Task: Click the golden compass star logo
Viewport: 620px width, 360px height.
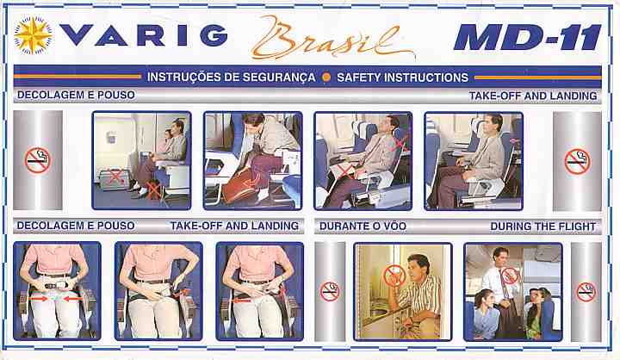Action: click(34, 35)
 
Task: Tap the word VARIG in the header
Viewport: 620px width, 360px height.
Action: click(144, 35)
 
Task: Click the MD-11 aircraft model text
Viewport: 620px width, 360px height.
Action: click(528, 38)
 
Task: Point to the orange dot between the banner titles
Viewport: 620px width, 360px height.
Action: click(326, 78)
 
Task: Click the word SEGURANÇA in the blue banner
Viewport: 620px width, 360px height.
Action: click(279, 78)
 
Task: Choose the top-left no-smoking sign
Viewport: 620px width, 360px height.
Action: click(38, 160)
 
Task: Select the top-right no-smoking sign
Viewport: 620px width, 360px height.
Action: click(577, 161)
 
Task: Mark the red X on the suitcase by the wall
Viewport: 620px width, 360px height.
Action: click(115, 176)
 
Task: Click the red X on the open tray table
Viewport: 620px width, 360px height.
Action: click(344, 171)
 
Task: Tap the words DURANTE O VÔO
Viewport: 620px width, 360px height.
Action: click(363, 227)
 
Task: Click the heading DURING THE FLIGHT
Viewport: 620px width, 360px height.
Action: click(542, 227)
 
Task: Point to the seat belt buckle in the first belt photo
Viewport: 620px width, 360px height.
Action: click(55, 285)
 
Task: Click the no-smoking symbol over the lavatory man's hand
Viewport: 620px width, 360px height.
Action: click(394, 276)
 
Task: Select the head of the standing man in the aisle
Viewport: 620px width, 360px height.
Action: click(499, 258)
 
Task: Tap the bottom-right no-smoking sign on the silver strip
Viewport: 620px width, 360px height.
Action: click(586, 292)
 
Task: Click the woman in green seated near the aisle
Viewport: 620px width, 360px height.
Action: click(536, 313)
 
